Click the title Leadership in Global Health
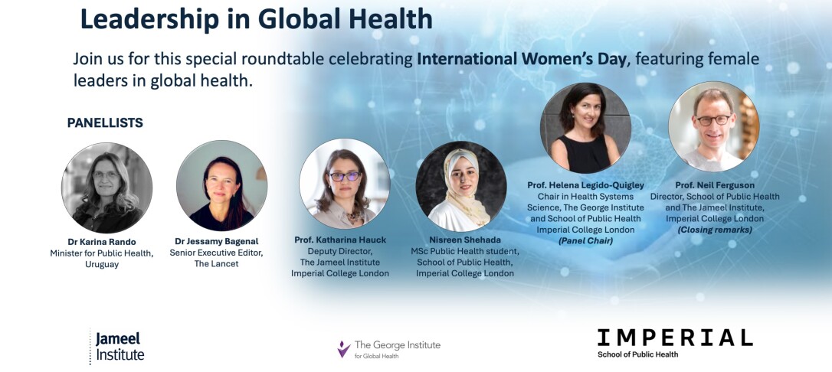coord(257,18)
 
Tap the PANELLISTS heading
coord(105,123)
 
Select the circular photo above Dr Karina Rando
coord(106,188)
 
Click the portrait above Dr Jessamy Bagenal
coord(222,185)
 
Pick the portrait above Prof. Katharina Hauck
coord(345,184)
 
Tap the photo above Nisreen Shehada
coord(461,186)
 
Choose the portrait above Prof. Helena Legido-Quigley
coord(585,128)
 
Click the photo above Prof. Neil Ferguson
coord(714,126)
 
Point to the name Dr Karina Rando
coord(101,242)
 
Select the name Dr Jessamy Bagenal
coord(216,242)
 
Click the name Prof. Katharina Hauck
coord(340,240)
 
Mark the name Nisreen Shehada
coord(465,240)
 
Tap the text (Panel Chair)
coord(585,240)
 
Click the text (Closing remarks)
coord(714,230)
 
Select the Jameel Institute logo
coord(116,347)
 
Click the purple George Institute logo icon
coord(344,349)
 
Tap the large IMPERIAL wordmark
coord(675,338)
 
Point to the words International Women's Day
coord(522,58)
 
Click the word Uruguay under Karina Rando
coord(102,264)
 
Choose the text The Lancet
coord(217,263)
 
